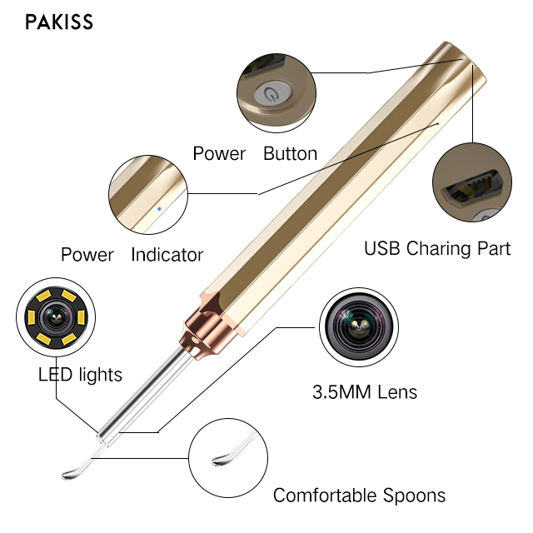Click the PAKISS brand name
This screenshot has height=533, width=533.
coord(59,22)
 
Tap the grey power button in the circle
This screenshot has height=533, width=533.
coord(273,93)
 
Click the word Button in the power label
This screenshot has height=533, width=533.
coord(291,153)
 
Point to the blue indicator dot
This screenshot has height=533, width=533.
coord(159,209)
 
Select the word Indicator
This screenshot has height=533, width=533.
coord(167,255)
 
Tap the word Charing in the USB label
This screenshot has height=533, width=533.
coord(439,248)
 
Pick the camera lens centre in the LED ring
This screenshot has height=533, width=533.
coord(56,318)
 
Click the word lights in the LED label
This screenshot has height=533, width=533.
coord(101,375)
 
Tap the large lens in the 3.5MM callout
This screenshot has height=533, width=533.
coord(359,327)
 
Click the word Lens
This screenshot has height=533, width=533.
coord(398,392)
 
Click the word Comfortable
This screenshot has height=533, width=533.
coord(325,496)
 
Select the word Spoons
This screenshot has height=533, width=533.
coord(415,496)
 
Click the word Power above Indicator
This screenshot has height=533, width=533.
coord(87,255)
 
